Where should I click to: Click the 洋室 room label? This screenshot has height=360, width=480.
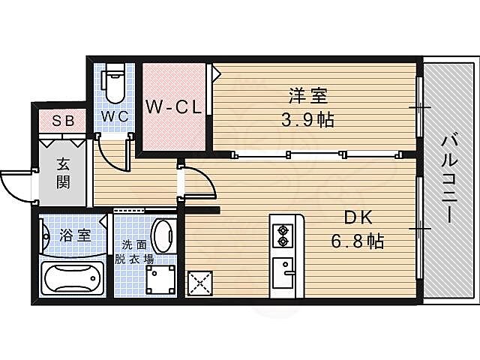pyautogui.click(x=308, y=96)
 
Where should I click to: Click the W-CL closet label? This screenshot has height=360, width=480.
pyautogui.click(x=173, y=107)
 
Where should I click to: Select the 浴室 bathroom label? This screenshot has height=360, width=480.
pyautogui.click(x=74, y=235)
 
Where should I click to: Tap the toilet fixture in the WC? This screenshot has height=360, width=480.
pyautogui.click(x=115, y=85)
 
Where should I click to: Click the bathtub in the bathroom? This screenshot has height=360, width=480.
pyautogui.click(x=73, y=280)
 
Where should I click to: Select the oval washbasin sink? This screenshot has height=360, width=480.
pyautogui.click(x=163, y=236)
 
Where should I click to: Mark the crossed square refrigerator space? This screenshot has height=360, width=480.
pyautogui.click(x=201, y=283)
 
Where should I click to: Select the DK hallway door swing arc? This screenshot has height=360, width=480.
pyautogui.click(x=197, y=181)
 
